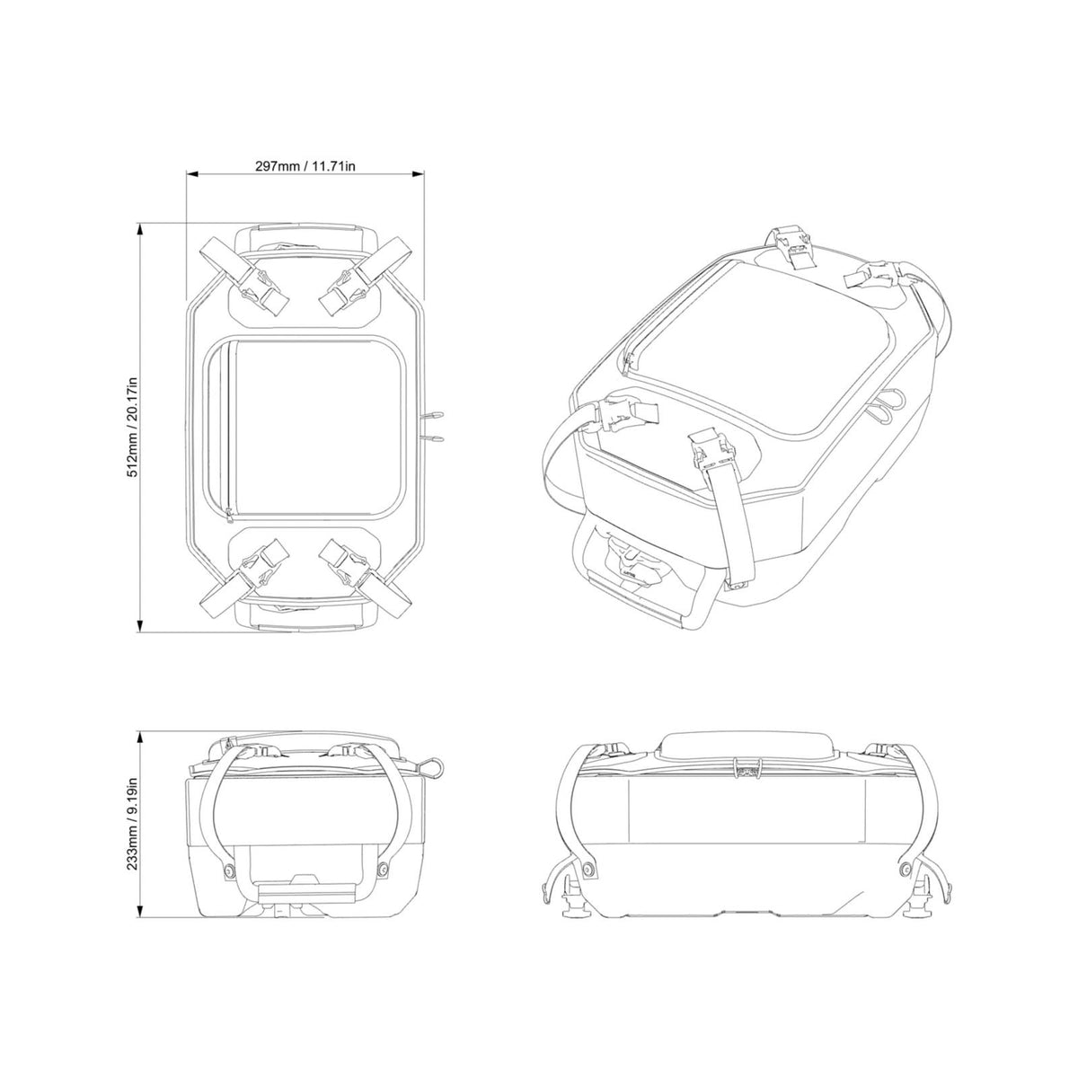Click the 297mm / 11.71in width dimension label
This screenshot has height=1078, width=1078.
pyautogui.click(x=305, y=165)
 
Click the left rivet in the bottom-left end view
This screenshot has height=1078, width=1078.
pyautogui.click(x=226, y=872)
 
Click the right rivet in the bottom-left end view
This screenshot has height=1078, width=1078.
pyautogui.click(x=384, y=870)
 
